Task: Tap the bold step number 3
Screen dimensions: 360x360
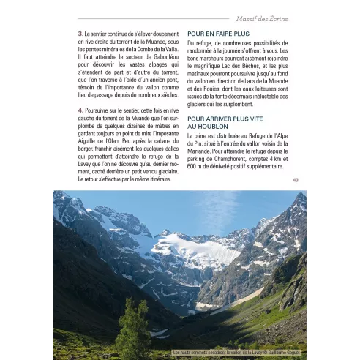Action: pyautogui.click(x=80, y=34)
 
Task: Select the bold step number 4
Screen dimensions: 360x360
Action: pyautogui.click(x=80, y=110)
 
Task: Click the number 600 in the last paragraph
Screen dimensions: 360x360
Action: pyautogui.click(x=194, y=176)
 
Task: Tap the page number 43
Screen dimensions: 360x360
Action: pyautogui.click(x=295, y=180)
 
